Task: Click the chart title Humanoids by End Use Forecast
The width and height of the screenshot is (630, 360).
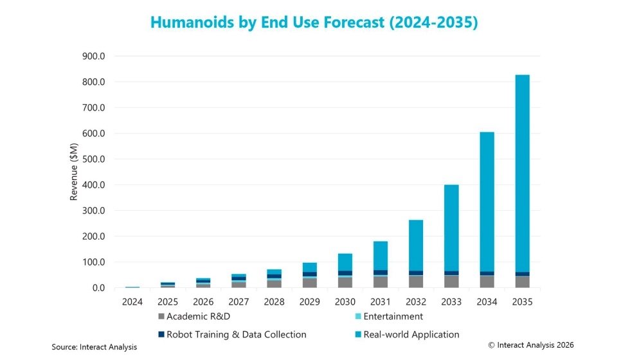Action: [x=314, y=22]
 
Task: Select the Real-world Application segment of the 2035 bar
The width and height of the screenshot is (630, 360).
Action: [x=522, y=174]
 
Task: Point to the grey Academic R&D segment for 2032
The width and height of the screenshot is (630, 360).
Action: [x=416, y=282]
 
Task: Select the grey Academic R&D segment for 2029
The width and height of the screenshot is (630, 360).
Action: [x=310, y=283]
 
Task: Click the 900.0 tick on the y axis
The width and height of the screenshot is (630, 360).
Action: [x=93, y=57]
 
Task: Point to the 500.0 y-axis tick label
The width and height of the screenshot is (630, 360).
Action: [x=93, y=159]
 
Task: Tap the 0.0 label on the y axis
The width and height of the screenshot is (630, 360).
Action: [x=97, y=288]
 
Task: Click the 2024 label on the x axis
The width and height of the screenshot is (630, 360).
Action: [x=132, y=301]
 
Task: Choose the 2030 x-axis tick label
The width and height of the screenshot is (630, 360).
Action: [x=345, y=301]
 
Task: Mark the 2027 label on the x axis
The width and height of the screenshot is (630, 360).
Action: [x=239, y=301]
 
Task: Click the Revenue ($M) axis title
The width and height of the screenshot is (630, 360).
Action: [x=74, y=172]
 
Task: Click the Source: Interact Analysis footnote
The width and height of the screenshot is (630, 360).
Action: [x=94, y=347]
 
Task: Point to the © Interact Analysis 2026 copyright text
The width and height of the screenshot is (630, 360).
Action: [x=531, y=345]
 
